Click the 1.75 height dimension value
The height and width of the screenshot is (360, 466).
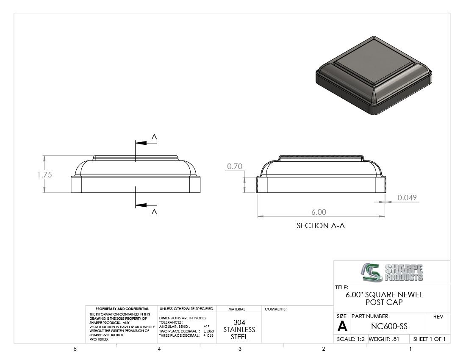tap(44, 174)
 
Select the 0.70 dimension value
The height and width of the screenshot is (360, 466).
tap(235, 166)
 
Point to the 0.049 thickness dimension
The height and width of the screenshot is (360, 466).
tap(407, 197)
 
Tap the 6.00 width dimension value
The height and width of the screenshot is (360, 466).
tap(319, 212)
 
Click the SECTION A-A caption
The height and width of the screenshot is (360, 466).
tap(321, 226)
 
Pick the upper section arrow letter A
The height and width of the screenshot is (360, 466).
tap(154, 137)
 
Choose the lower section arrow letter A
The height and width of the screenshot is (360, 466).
tap(154, 211)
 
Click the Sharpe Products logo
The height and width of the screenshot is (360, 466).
tap(392, 272)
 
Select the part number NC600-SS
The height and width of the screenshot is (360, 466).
tap(389, 326)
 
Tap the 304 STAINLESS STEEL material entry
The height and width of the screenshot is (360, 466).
tap(239, 330)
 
